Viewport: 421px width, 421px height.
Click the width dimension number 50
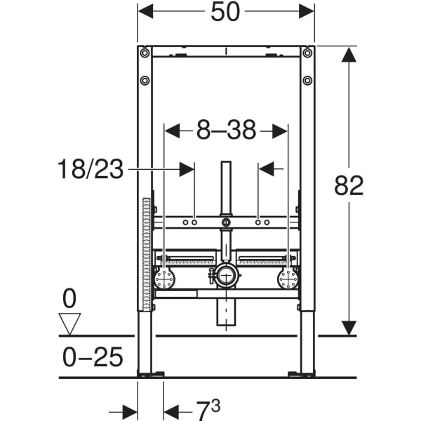226,11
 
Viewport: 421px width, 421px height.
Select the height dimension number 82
349,186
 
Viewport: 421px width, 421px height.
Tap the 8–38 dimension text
226,130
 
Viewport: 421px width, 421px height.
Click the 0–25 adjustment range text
91,358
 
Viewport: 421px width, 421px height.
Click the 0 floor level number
69,300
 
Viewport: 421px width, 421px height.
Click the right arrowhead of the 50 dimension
307,11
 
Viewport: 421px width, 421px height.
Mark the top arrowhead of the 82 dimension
349,55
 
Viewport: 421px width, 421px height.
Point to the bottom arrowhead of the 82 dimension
349,327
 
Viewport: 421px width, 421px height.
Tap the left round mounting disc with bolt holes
165,279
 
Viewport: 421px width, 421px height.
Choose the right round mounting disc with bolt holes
288,279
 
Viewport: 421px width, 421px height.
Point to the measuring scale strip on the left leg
146,253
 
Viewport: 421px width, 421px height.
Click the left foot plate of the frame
151,375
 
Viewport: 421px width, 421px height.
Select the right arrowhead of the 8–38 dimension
280,130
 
